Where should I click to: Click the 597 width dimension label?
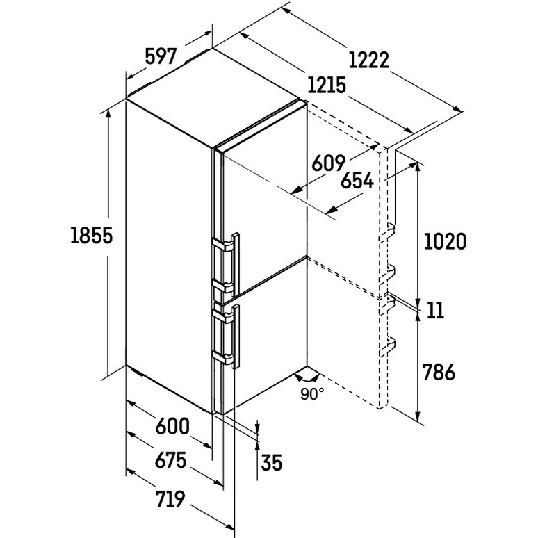(161, 56)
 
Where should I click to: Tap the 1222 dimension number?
(369, 60)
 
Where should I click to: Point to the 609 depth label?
(328, 163)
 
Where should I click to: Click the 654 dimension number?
(357, 181)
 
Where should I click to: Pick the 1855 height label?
(91, 236)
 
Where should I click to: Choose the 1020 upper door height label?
(446, 241)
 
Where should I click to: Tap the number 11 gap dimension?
(435, 310)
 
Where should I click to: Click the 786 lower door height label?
(439, 372)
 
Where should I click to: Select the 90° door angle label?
(312, 393)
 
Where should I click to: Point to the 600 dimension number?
(172, 426)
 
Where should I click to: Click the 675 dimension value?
(170, 460)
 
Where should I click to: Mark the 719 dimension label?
(170, 498)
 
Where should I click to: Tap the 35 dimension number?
(271, 462)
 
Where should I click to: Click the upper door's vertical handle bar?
(236, 265)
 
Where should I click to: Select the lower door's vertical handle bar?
(236, 336)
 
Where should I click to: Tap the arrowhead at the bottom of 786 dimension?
(418, 416)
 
